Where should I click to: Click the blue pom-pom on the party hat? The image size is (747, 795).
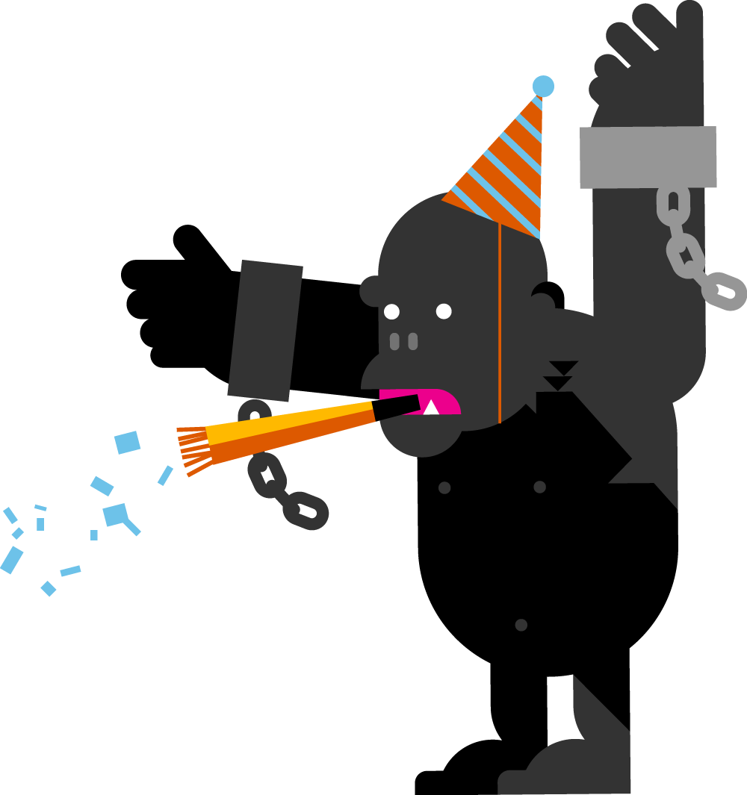[x=543, y=87]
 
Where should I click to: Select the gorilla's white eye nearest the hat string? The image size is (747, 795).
[x=444, y=311]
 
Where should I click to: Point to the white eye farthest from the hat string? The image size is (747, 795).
[x=391, y=311]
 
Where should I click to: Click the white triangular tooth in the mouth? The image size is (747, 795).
[x=431, y=408]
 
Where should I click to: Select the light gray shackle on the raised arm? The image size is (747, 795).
[x=648, y=157]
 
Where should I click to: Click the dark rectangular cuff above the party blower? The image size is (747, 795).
[x=265, y=329]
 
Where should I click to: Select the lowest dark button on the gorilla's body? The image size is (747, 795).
[x=521, y=625]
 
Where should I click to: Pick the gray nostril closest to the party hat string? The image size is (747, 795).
[x=412, y=341]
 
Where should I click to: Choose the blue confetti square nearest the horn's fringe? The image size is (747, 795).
[x=128, y=442]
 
